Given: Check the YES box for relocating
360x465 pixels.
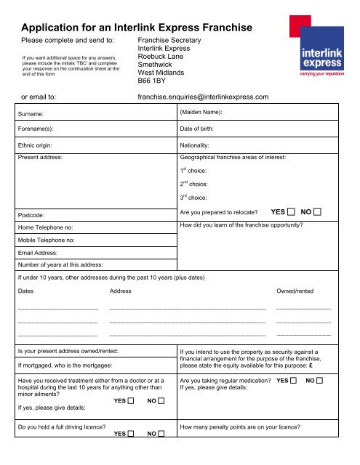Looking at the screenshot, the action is pyautogui.click(x=291, y=212).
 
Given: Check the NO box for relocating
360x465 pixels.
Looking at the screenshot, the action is pyautogui.click(x=317, y=212).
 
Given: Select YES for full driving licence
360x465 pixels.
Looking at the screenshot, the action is pyautogui.click(x=133, y=434).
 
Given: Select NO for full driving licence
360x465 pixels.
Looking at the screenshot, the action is pyautogui.click(x=161, y=434).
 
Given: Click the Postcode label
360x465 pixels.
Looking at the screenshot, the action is pyautogui.click(x=32, y=216).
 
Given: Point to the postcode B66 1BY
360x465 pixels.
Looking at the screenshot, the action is pyautogui.click(x=156, y=82).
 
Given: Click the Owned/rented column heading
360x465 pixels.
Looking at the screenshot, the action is pyautogui.click(x=295, y=291).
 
